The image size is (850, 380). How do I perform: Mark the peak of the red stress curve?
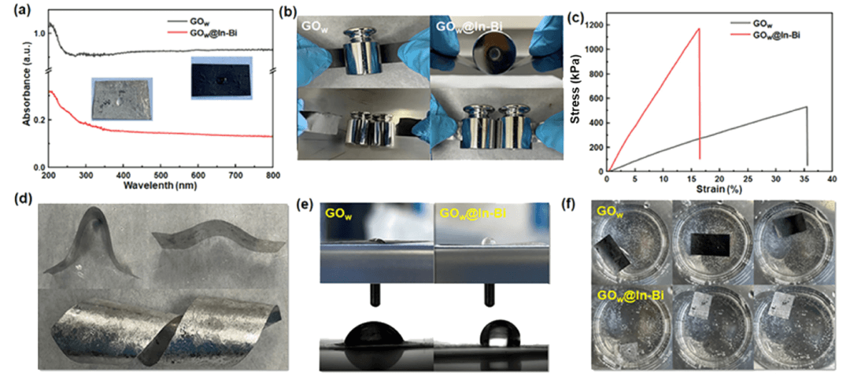point(699,29)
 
